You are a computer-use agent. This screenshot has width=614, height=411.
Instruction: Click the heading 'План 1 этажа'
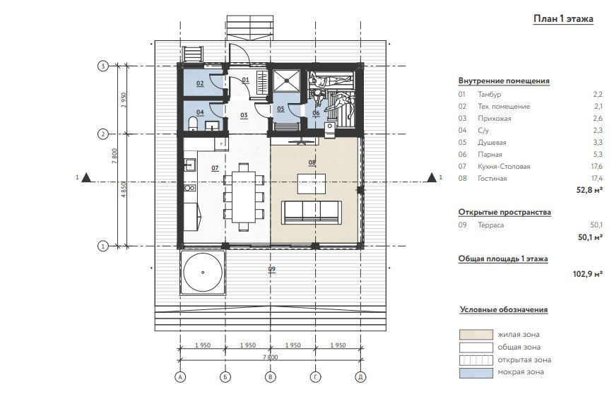pos(563,19)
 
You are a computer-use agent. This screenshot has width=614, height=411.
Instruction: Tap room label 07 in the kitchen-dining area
pos(215,168)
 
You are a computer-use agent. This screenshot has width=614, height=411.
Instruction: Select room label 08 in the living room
pos(312,162)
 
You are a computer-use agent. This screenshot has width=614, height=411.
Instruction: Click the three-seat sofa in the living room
pos(312,213)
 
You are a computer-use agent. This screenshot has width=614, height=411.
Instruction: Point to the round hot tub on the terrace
pos(203,272)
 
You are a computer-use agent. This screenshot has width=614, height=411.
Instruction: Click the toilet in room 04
pos(192,124)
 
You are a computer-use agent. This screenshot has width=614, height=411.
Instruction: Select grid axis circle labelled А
pos(180,377)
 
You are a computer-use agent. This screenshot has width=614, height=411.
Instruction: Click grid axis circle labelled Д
pos(360,377)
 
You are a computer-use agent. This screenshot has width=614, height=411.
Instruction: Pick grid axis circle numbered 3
pos(102,66)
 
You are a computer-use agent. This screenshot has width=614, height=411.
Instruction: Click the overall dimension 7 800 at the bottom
pos(270,357)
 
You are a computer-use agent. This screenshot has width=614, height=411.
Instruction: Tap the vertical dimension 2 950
pos(124,100)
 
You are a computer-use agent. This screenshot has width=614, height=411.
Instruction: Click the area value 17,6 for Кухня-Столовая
pos(597,167)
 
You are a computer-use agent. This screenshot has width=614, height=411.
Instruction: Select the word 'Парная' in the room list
pos(490,154)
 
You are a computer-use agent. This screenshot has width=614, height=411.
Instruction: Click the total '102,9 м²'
pos(587,274)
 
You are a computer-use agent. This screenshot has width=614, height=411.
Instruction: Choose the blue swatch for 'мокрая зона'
pos(476,372)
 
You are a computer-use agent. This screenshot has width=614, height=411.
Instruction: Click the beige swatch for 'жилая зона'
pos(476,334)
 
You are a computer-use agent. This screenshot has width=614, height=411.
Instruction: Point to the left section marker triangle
pos(86,178)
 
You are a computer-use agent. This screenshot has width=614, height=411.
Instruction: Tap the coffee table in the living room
pos(312,184)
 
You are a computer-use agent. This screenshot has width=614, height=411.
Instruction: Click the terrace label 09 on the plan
pos(272,269)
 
